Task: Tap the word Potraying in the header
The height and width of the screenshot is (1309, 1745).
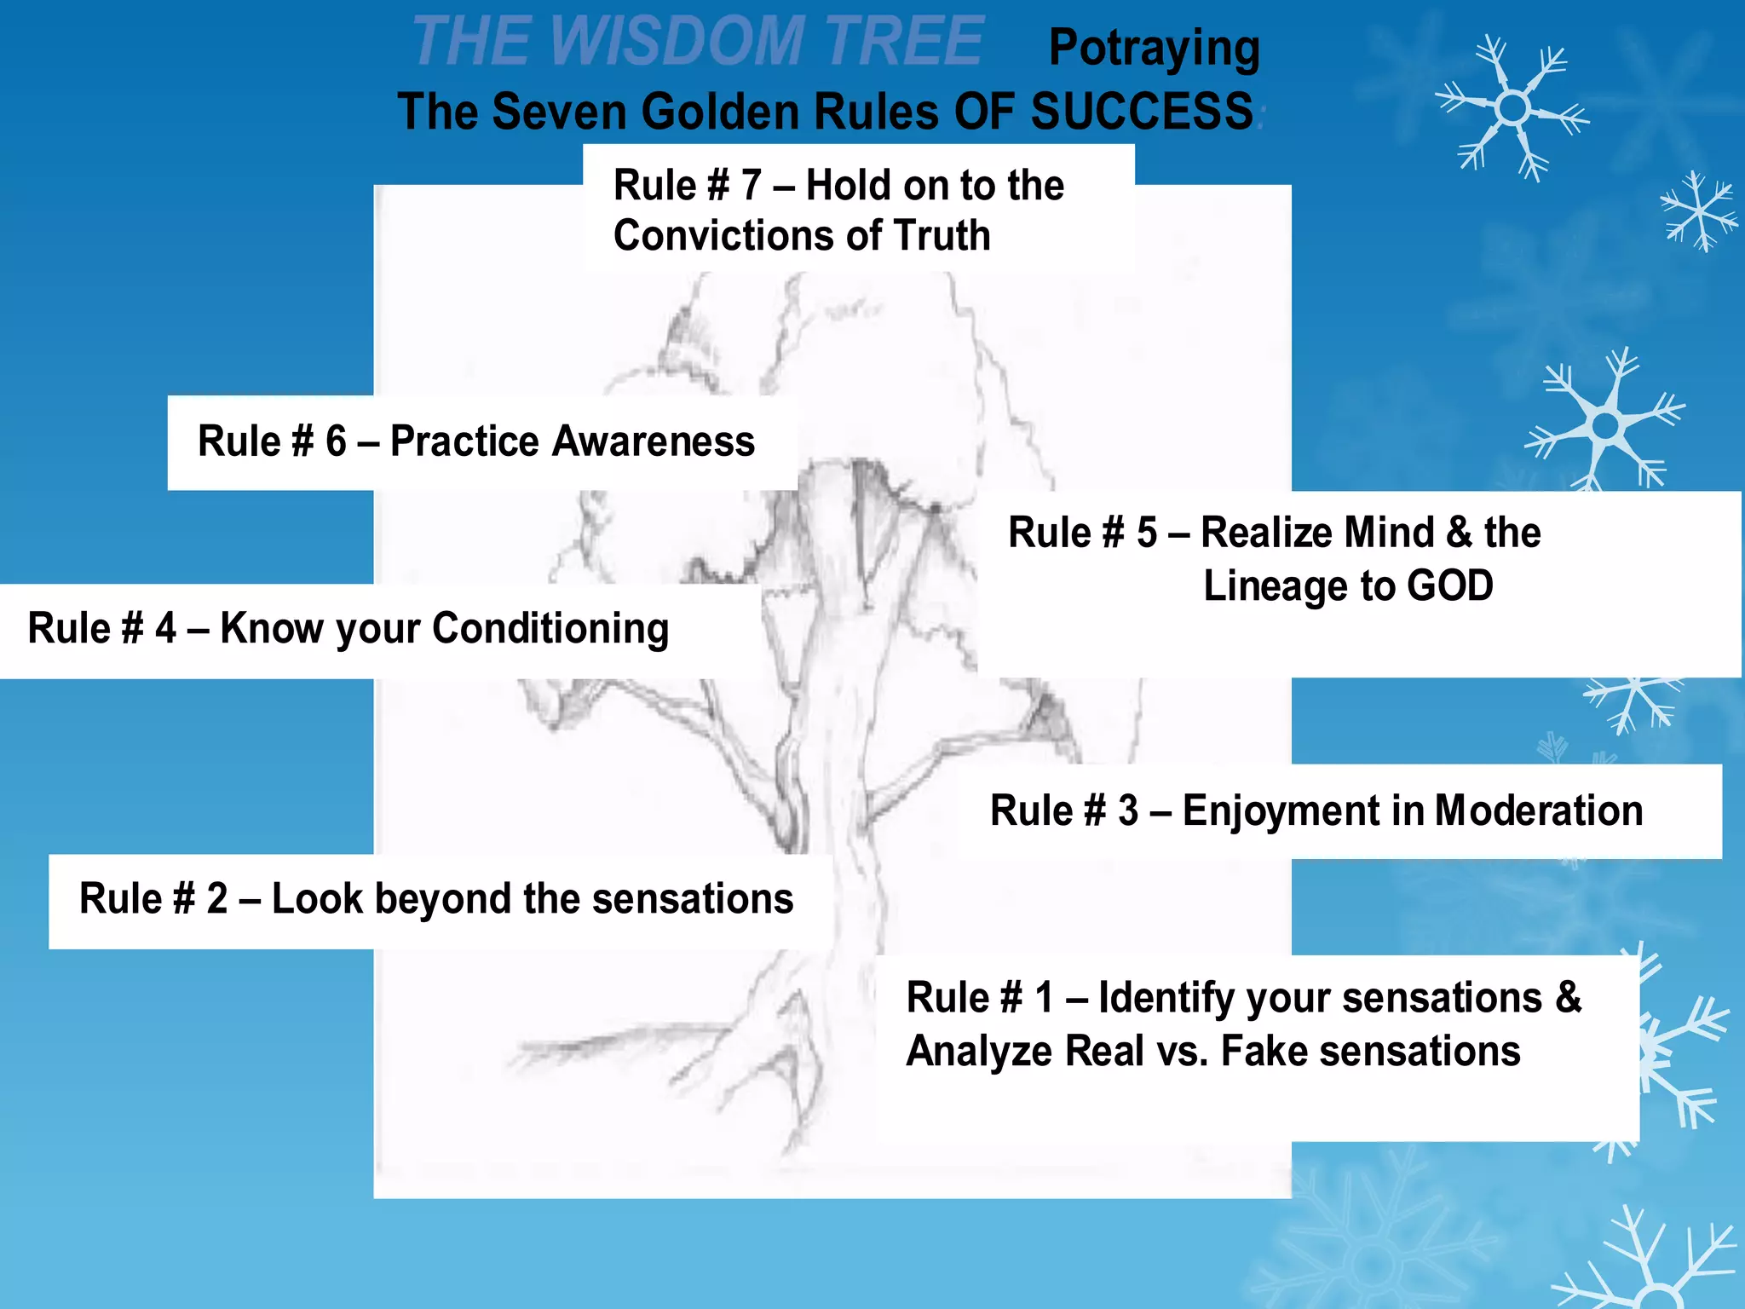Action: (1154, 49)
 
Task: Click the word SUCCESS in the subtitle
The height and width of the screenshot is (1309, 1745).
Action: (1142, 112)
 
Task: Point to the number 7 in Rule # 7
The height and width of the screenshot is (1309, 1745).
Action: (751, 186)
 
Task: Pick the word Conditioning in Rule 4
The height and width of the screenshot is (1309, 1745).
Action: (550, 629)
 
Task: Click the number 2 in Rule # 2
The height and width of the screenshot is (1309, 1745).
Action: (217, 899)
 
